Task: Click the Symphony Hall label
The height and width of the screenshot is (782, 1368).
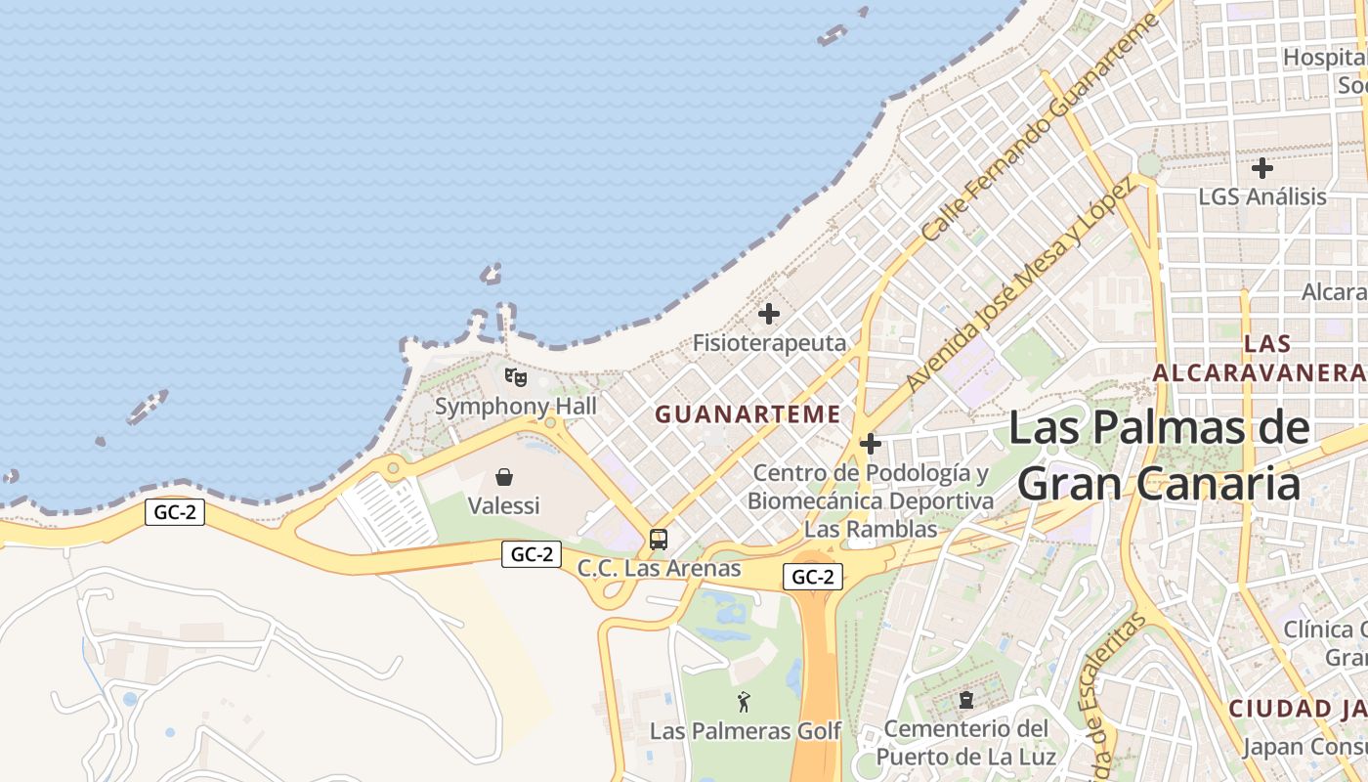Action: pos(515,406)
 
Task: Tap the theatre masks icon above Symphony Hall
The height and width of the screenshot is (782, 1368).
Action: pos(515,376)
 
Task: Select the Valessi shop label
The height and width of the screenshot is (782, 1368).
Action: pos(503,505)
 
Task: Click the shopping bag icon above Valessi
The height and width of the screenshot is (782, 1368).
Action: pos(504,477)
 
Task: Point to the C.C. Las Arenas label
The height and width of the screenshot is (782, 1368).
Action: pos(659,568)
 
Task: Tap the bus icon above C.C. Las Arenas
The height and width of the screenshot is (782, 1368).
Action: pos(659,539)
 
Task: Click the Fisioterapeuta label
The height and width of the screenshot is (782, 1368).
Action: pos(769,343)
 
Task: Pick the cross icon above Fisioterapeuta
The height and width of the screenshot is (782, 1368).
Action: pos(769,314)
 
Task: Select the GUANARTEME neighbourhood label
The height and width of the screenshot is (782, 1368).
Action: pos(748,414)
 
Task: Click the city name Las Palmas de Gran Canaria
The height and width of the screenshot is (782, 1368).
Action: pos(1159,456)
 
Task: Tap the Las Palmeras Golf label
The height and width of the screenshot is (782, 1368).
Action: pos(745,731)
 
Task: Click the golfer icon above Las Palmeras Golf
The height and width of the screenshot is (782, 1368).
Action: pos(745,702)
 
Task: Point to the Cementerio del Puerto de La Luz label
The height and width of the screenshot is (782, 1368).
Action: pos(965,742)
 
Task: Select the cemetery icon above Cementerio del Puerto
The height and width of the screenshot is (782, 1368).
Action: pos(966,700)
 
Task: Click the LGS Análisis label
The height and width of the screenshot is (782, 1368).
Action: pos(1262,196)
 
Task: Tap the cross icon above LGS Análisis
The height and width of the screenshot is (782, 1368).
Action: pos(1262,168)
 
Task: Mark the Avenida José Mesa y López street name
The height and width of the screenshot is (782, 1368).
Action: pos(1021,283)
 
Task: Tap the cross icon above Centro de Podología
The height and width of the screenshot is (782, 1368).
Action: pos(870,445)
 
